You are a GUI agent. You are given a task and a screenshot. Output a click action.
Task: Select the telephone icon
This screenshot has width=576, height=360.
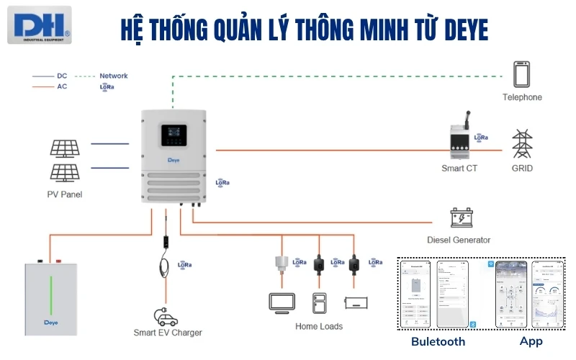click(x=522, y=75)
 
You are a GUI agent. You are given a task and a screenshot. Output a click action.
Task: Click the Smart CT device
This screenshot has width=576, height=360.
click(x=459, y=141)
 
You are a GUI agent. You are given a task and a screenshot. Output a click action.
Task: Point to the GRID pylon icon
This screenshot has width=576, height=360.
click(x=522, y=144)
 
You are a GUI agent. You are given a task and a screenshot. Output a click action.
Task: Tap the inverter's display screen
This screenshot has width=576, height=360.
click(x=173, y=133)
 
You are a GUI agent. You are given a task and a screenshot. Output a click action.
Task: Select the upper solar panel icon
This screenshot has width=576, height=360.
click(x=64, y=148)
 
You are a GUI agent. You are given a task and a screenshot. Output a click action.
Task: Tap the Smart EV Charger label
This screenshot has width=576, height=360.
click(x=168, y=333)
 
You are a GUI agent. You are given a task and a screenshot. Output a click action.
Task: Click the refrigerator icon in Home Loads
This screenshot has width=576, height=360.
click(x=319, y=302)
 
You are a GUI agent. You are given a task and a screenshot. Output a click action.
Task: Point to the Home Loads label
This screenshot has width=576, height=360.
click(x=319, y=326)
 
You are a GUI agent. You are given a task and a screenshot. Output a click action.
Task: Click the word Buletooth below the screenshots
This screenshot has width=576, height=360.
click(x=438, y=341)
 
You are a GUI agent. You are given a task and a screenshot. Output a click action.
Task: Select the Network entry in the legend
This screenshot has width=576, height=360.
click(x=113, y=76)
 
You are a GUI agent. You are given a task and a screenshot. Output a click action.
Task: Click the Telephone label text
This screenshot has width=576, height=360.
click(x=522, y=97)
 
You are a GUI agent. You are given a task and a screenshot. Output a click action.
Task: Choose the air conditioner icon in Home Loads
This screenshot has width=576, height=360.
click(x=357, y=302)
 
